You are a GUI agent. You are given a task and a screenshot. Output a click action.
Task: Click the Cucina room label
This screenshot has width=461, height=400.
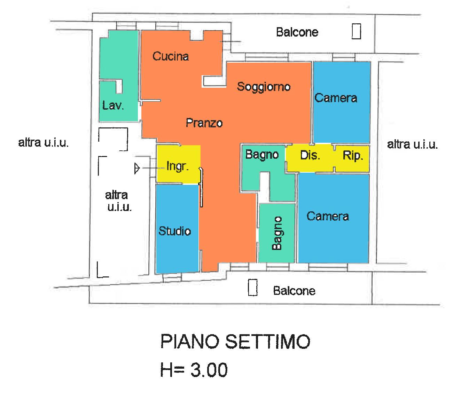tap(171, 56)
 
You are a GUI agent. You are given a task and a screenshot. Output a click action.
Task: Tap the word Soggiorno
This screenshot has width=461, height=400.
tap(264, 87)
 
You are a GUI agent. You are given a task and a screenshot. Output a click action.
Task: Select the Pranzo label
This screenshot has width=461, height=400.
tap(204, 123)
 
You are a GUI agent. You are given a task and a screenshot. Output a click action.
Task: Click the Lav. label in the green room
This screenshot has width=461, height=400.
tap(113, 105)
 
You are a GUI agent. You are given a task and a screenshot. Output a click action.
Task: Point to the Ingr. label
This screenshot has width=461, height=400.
tap(178, 166)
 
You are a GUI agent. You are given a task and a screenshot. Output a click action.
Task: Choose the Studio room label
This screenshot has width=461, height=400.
tap(175, 231)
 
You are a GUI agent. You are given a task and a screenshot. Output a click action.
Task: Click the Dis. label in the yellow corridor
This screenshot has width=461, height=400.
tap(310, 155)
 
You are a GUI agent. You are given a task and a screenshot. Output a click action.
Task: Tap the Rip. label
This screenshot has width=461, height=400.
tap(353, 156)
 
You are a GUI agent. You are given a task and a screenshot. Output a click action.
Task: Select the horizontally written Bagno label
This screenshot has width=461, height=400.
tap(262, 155)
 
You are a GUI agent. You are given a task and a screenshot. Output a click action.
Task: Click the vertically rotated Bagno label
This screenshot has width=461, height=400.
tap(277, 233)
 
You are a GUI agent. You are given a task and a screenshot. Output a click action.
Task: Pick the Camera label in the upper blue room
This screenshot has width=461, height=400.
tap(336, 98)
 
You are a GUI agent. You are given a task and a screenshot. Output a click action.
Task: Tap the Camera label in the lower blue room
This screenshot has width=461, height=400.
tap(328, 217)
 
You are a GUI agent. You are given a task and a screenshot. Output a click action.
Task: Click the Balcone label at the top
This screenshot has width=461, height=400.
tap(297, 32)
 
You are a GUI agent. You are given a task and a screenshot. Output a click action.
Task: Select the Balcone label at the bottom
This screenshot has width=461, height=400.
tap(294, 291)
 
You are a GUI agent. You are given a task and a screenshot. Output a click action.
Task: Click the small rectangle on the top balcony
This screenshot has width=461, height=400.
tap(356, 31)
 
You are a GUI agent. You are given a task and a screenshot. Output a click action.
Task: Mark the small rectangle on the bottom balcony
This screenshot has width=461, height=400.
tap(252, 288)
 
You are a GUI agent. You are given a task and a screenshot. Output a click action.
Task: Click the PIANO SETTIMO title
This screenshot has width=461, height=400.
tap(235, 342)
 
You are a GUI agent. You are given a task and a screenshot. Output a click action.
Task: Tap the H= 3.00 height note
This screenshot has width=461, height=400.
tap(194, 370)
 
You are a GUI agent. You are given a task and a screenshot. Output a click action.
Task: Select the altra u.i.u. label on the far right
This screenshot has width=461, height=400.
tap(412, 144)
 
